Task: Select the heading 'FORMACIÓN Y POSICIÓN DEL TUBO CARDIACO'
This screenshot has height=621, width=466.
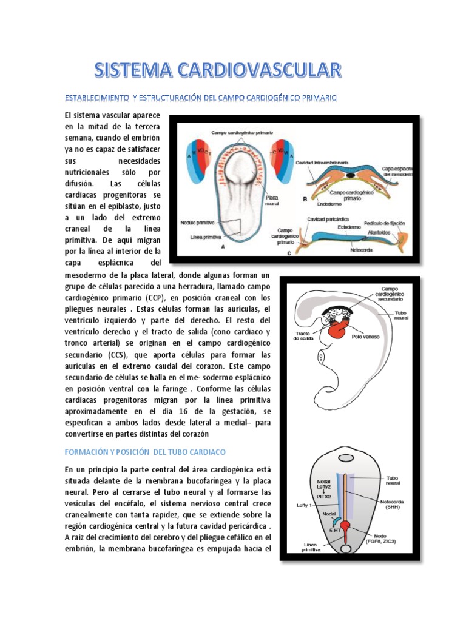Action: tap(144, 452)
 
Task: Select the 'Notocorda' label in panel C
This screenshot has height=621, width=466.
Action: tap(362, 248)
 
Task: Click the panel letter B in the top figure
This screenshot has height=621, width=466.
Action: tap(305, 198)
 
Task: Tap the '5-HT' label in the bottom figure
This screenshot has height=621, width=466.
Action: tap(334, 530)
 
